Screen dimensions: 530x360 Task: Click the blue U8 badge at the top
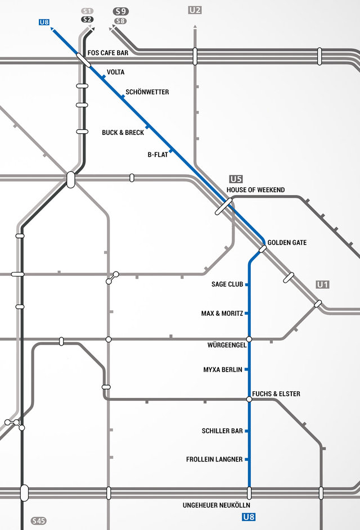(x=44, y=22)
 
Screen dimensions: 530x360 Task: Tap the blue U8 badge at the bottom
(x=249, y=517)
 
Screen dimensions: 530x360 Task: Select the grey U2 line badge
(x=195, y=10)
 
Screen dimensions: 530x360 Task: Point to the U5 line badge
(x=236, y=179)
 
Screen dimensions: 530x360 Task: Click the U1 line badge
(x=322, y=284)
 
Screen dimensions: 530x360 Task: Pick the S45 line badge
(x=38, y=521)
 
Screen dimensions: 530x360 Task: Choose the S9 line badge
(x=120, y=11)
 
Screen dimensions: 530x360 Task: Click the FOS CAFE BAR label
(x=109, y=53)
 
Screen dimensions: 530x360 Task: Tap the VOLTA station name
(x=115, y=73)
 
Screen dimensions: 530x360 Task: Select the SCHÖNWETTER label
(x=147, y=92)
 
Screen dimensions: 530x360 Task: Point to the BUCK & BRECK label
(x=123, y=133)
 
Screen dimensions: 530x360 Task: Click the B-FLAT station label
(x=157, y=155)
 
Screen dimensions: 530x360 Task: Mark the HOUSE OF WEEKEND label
(x=255, y=190)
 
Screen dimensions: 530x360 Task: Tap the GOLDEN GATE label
(x=287, y=243)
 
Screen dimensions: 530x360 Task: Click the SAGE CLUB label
(x=227, y=284)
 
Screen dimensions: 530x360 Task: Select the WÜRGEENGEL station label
(x=227, y=345)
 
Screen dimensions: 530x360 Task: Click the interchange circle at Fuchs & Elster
(x=249, y=399)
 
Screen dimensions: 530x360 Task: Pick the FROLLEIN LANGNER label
(x=214, y=460)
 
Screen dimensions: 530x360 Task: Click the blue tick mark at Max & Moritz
(x=247, y=313)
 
